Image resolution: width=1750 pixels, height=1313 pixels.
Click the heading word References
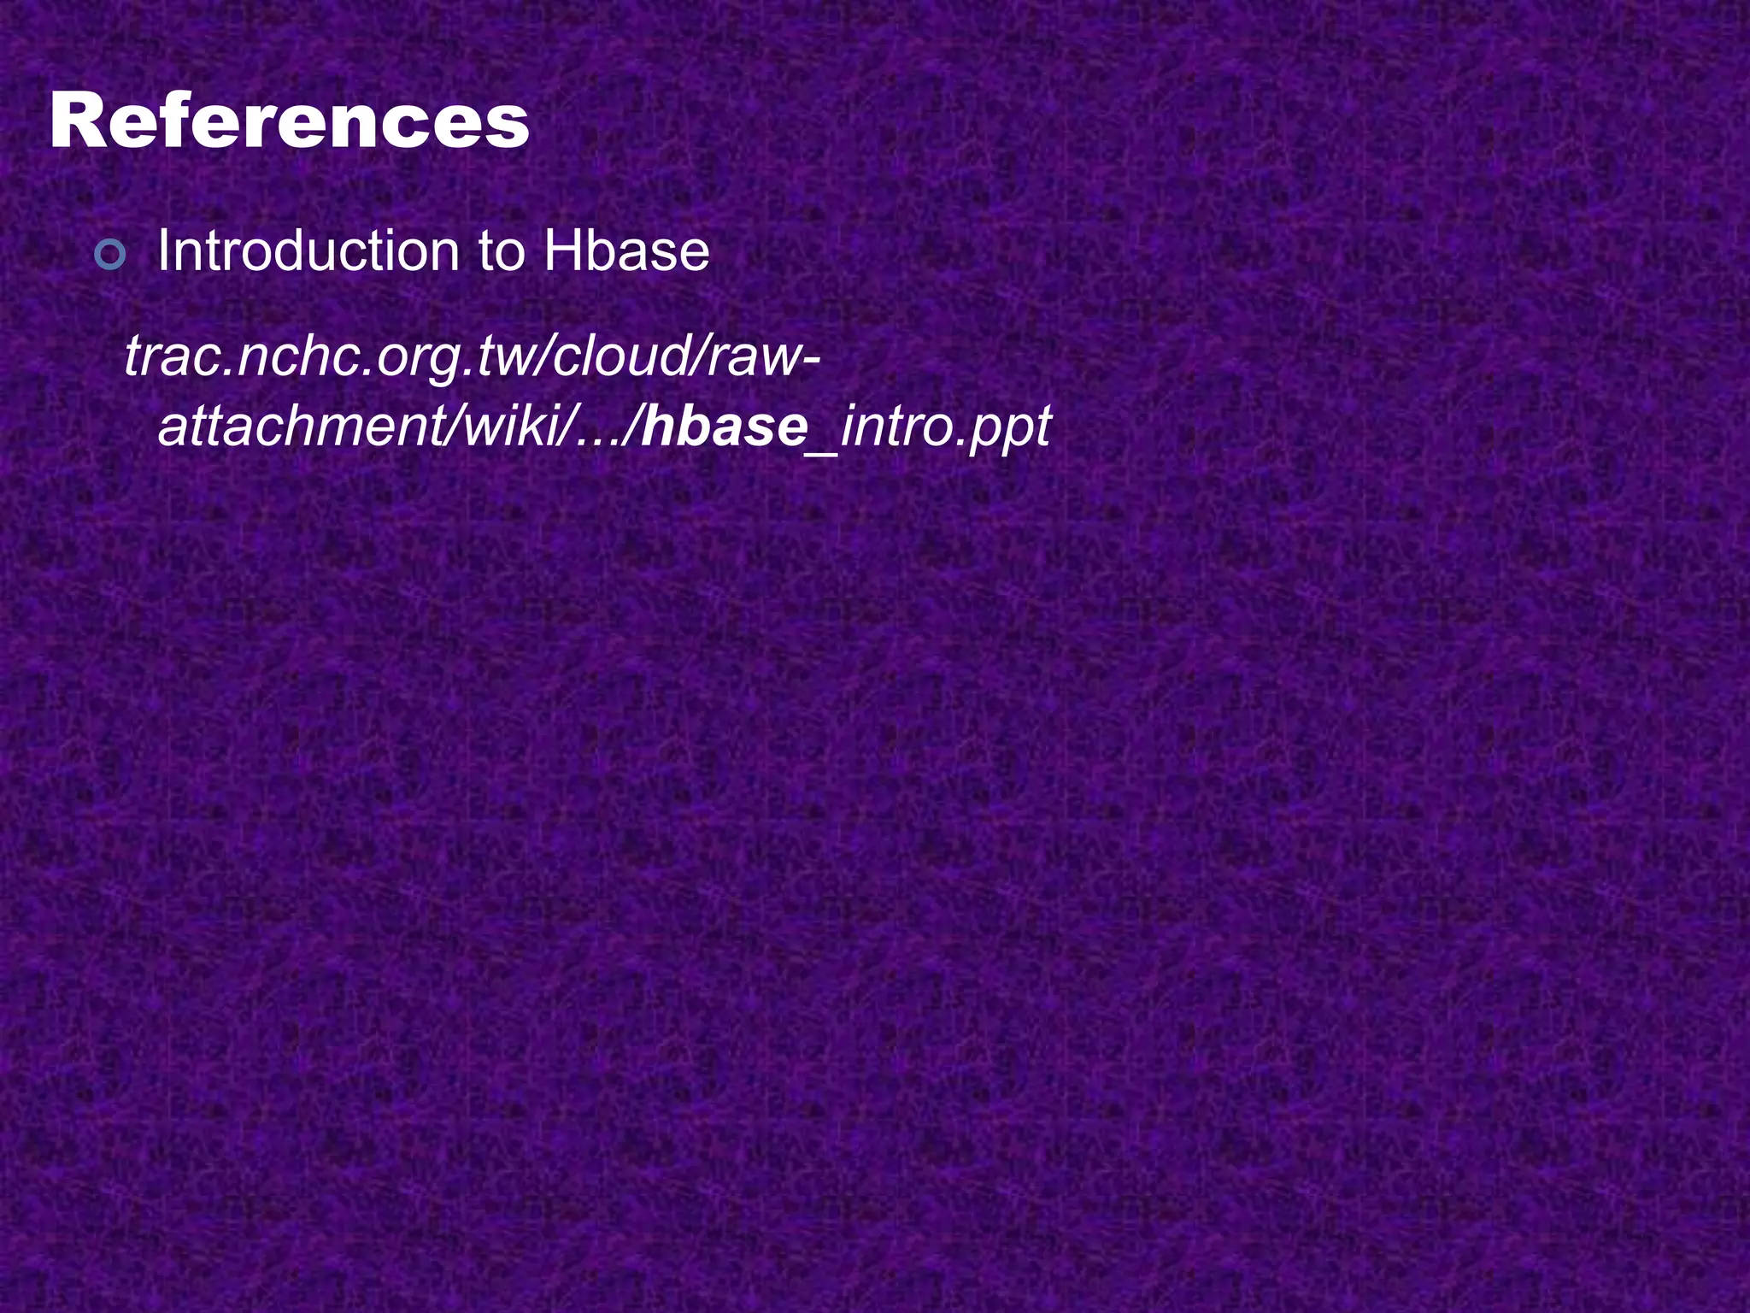coord(290,123)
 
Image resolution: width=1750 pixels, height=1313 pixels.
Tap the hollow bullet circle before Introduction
coord(110,254)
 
